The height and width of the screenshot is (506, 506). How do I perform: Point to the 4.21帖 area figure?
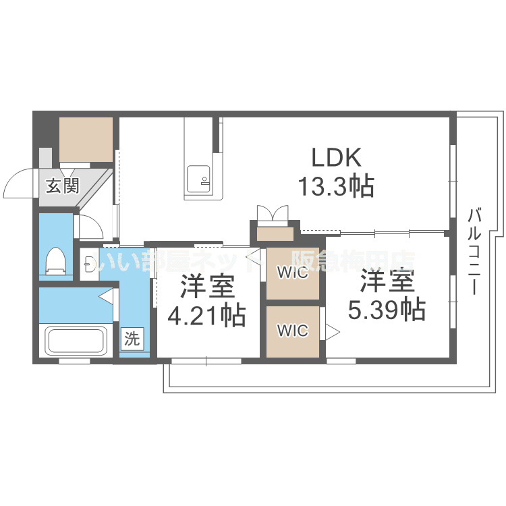[x=206, y=315]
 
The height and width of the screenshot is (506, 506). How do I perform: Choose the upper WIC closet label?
[x=292, y=274]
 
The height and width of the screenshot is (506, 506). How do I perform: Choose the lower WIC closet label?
[x=292, y=331]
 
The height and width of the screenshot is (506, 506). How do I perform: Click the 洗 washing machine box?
[x=132, y=339]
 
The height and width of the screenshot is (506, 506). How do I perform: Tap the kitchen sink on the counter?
[x=200, y=177]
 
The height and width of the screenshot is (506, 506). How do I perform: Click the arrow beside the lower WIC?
[x=332, y=331]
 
